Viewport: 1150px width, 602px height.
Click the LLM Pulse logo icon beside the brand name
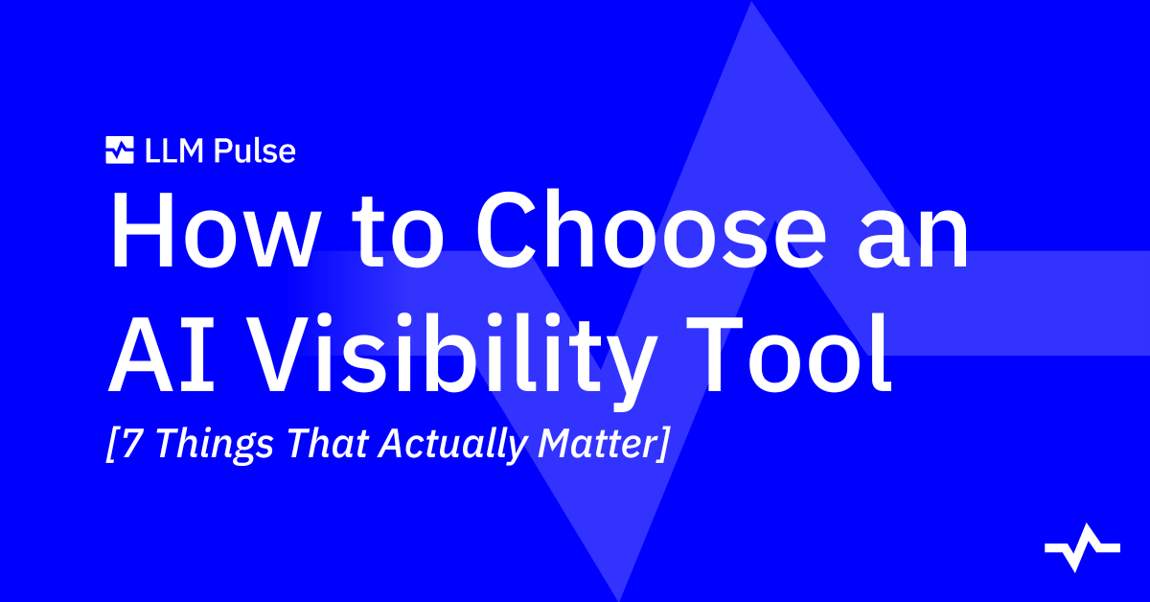120,150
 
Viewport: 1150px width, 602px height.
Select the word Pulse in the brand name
255,151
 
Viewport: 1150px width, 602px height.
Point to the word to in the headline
398,235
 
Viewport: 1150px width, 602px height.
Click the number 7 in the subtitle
132,443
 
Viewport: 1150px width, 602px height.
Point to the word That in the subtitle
328,443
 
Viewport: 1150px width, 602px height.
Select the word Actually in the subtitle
452,446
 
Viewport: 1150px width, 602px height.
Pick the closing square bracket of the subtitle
663,444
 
